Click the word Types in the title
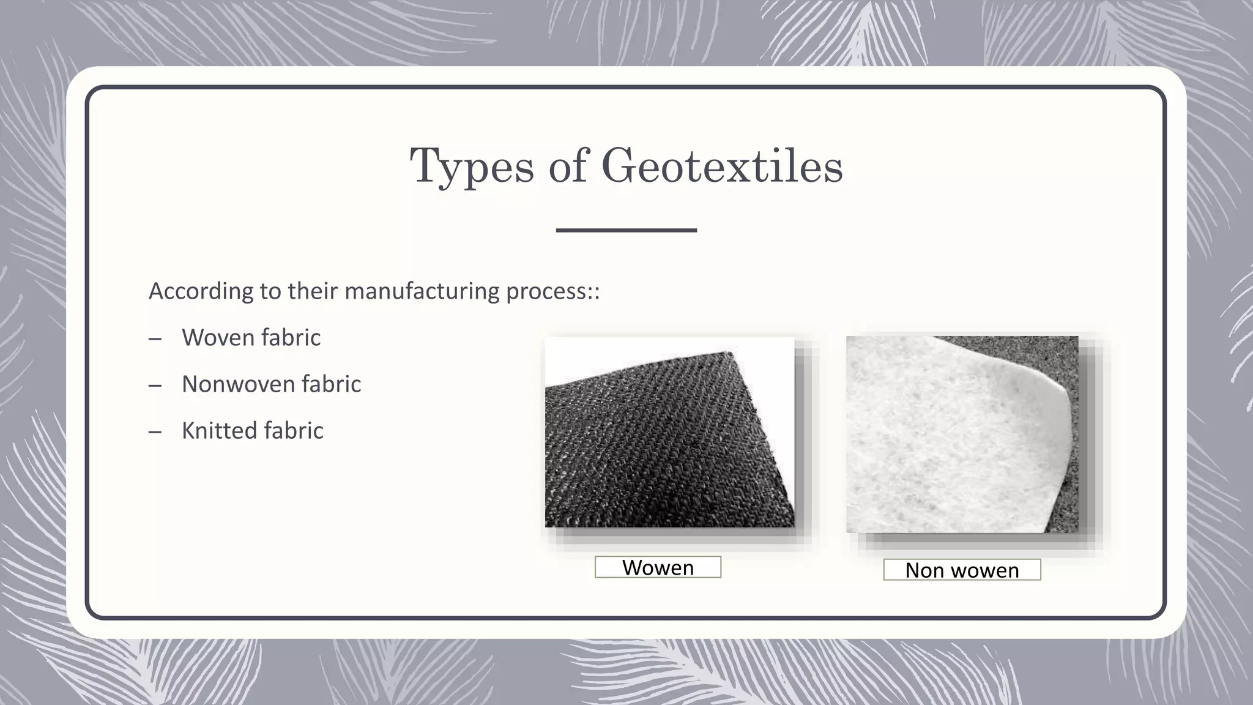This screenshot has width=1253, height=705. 471,166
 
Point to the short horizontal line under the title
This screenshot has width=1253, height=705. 626,230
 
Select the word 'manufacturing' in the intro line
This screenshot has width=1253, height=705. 422,291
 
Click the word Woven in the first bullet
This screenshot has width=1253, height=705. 217,337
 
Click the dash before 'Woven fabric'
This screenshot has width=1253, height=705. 155,338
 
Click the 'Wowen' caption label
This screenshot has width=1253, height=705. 658,567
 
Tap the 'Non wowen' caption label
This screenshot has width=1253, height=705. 962,570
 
